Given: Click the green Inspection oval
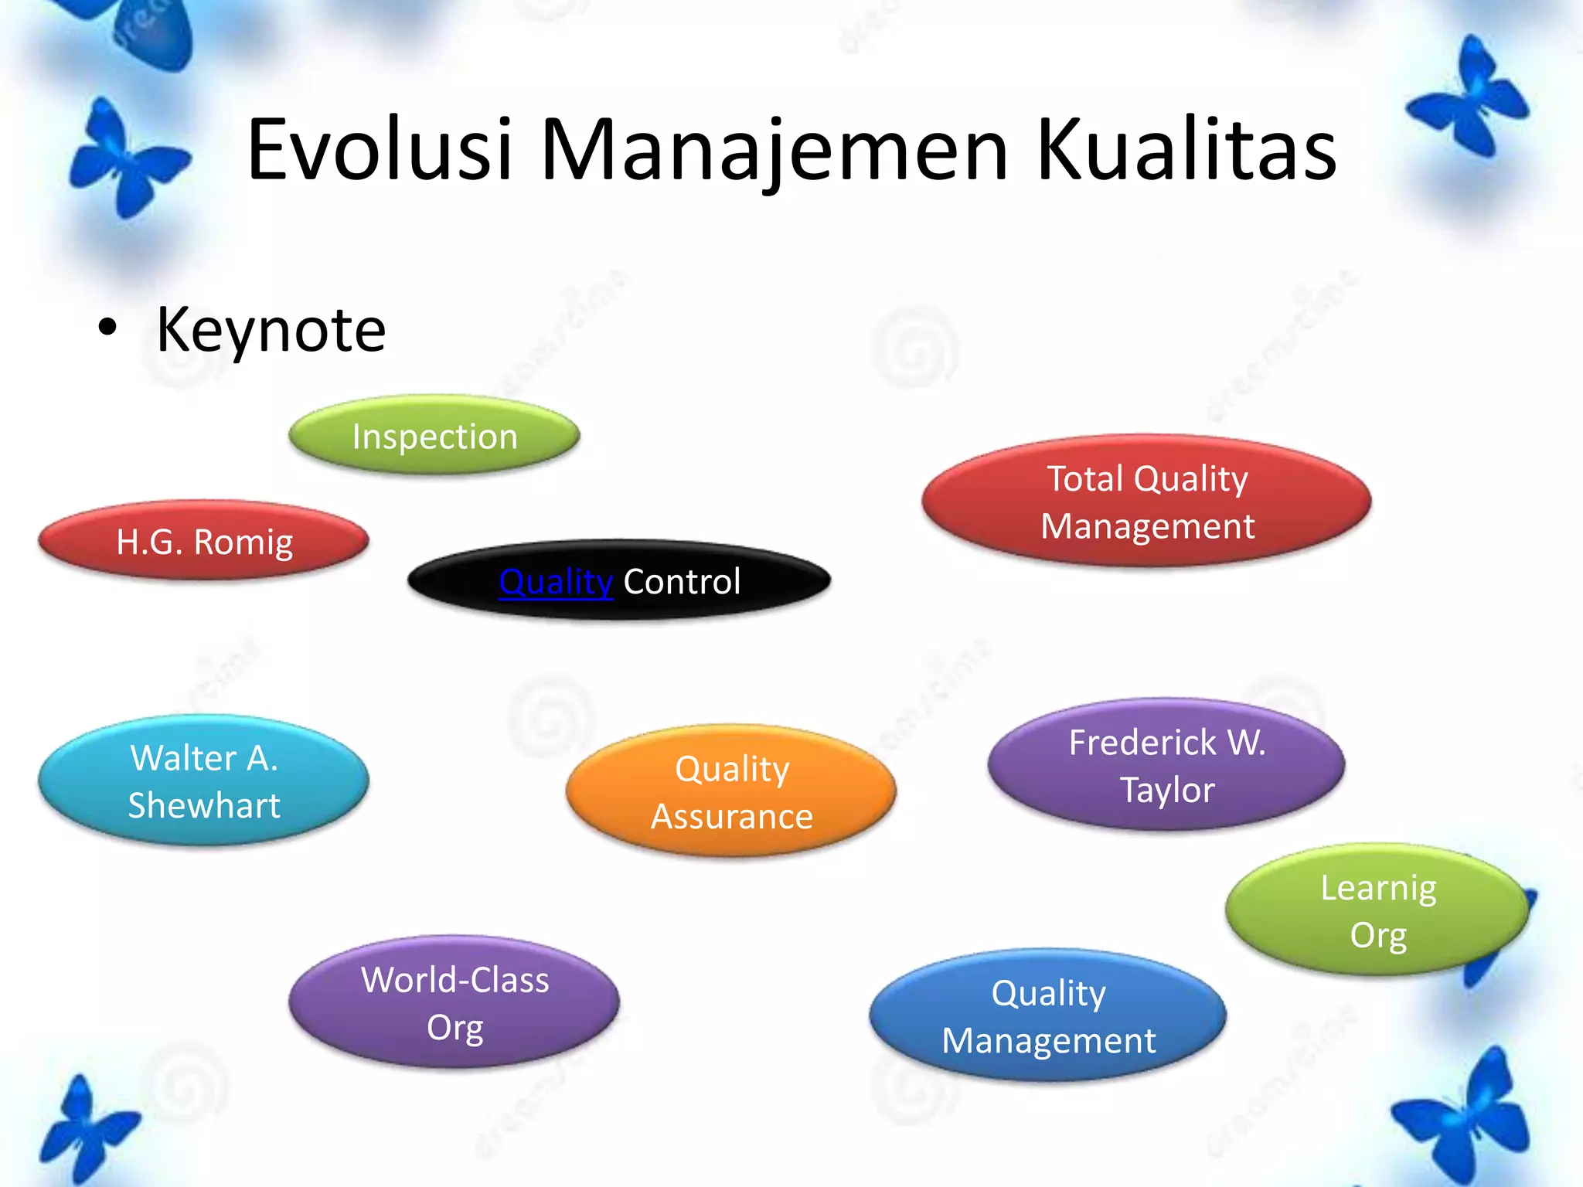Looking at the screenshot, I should pyautogui.click(x=434, y=436).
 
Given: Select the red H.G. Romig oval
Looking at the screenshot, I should pyautogui.click(x=204, y=541).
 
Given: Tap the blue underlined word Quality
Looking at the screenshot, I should pyautogui.click(x=556, y=581).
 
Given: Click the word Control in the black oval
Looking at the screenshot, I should pyautogui.click(x=682, y=581).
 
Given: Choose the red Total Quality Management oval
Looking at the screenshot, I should pyautogui.click(x=1147, y=502).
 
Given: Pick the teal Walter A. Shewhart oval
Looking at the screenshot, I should pyautogui.click(x=204, y=781).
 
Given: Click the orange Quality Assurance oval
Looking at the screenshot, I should pyautogui.click(x=731, y=791).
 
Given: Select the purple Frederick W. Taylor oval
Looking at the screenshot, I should pyautogui.click(x=1166, y=765).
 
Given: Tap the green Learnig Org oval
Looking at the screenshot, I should pyautogui.click(x=1377, y=910).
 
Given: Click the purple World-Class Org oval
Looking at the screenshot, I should pyautogui.click(x=454, y=1002).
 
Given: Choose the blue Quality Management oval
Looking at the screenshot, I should pyautogui.click(x=1048, y=1015).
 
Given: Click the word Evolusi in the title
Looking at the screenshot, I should pyautogui.click(x=380, y=150).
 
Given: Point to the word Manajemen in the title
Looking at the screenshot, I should pyautogui.click(x=774, y=150).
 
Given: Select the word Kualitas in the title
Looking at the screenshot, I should pyautogui.click(x=1186, y=150).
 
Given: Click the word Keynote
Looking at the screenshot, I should pyautogui.click(x=271, y=330).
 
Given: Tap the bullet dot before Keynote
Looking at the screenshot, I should pyautogui.click(x=107, y=328).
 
